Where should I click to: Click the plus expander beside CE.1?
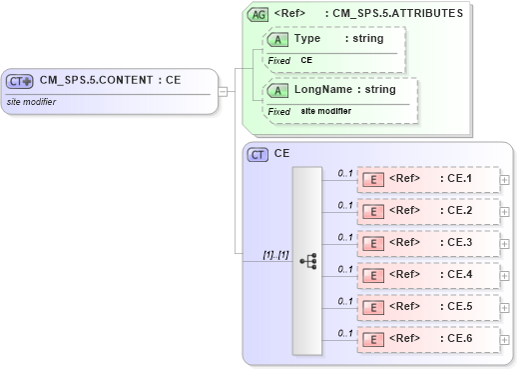coord(504,180)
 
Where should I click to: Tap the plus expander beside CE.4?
coord(504,276)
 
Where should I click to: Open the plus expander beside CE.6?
coord(504,340)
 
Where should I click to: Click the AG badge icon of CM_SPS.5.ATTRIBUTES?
coord(258,14)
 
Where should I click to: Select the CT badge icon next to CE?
coord(258,154)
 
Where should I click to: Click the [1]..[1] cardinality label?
coord(274,255)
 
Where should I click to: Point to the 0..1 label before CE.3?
coord(345,237)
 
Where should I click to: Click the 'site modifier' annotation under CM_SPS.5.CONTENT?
coord(31,102)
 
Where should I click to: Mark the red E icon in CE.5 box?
coord(372,308)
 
